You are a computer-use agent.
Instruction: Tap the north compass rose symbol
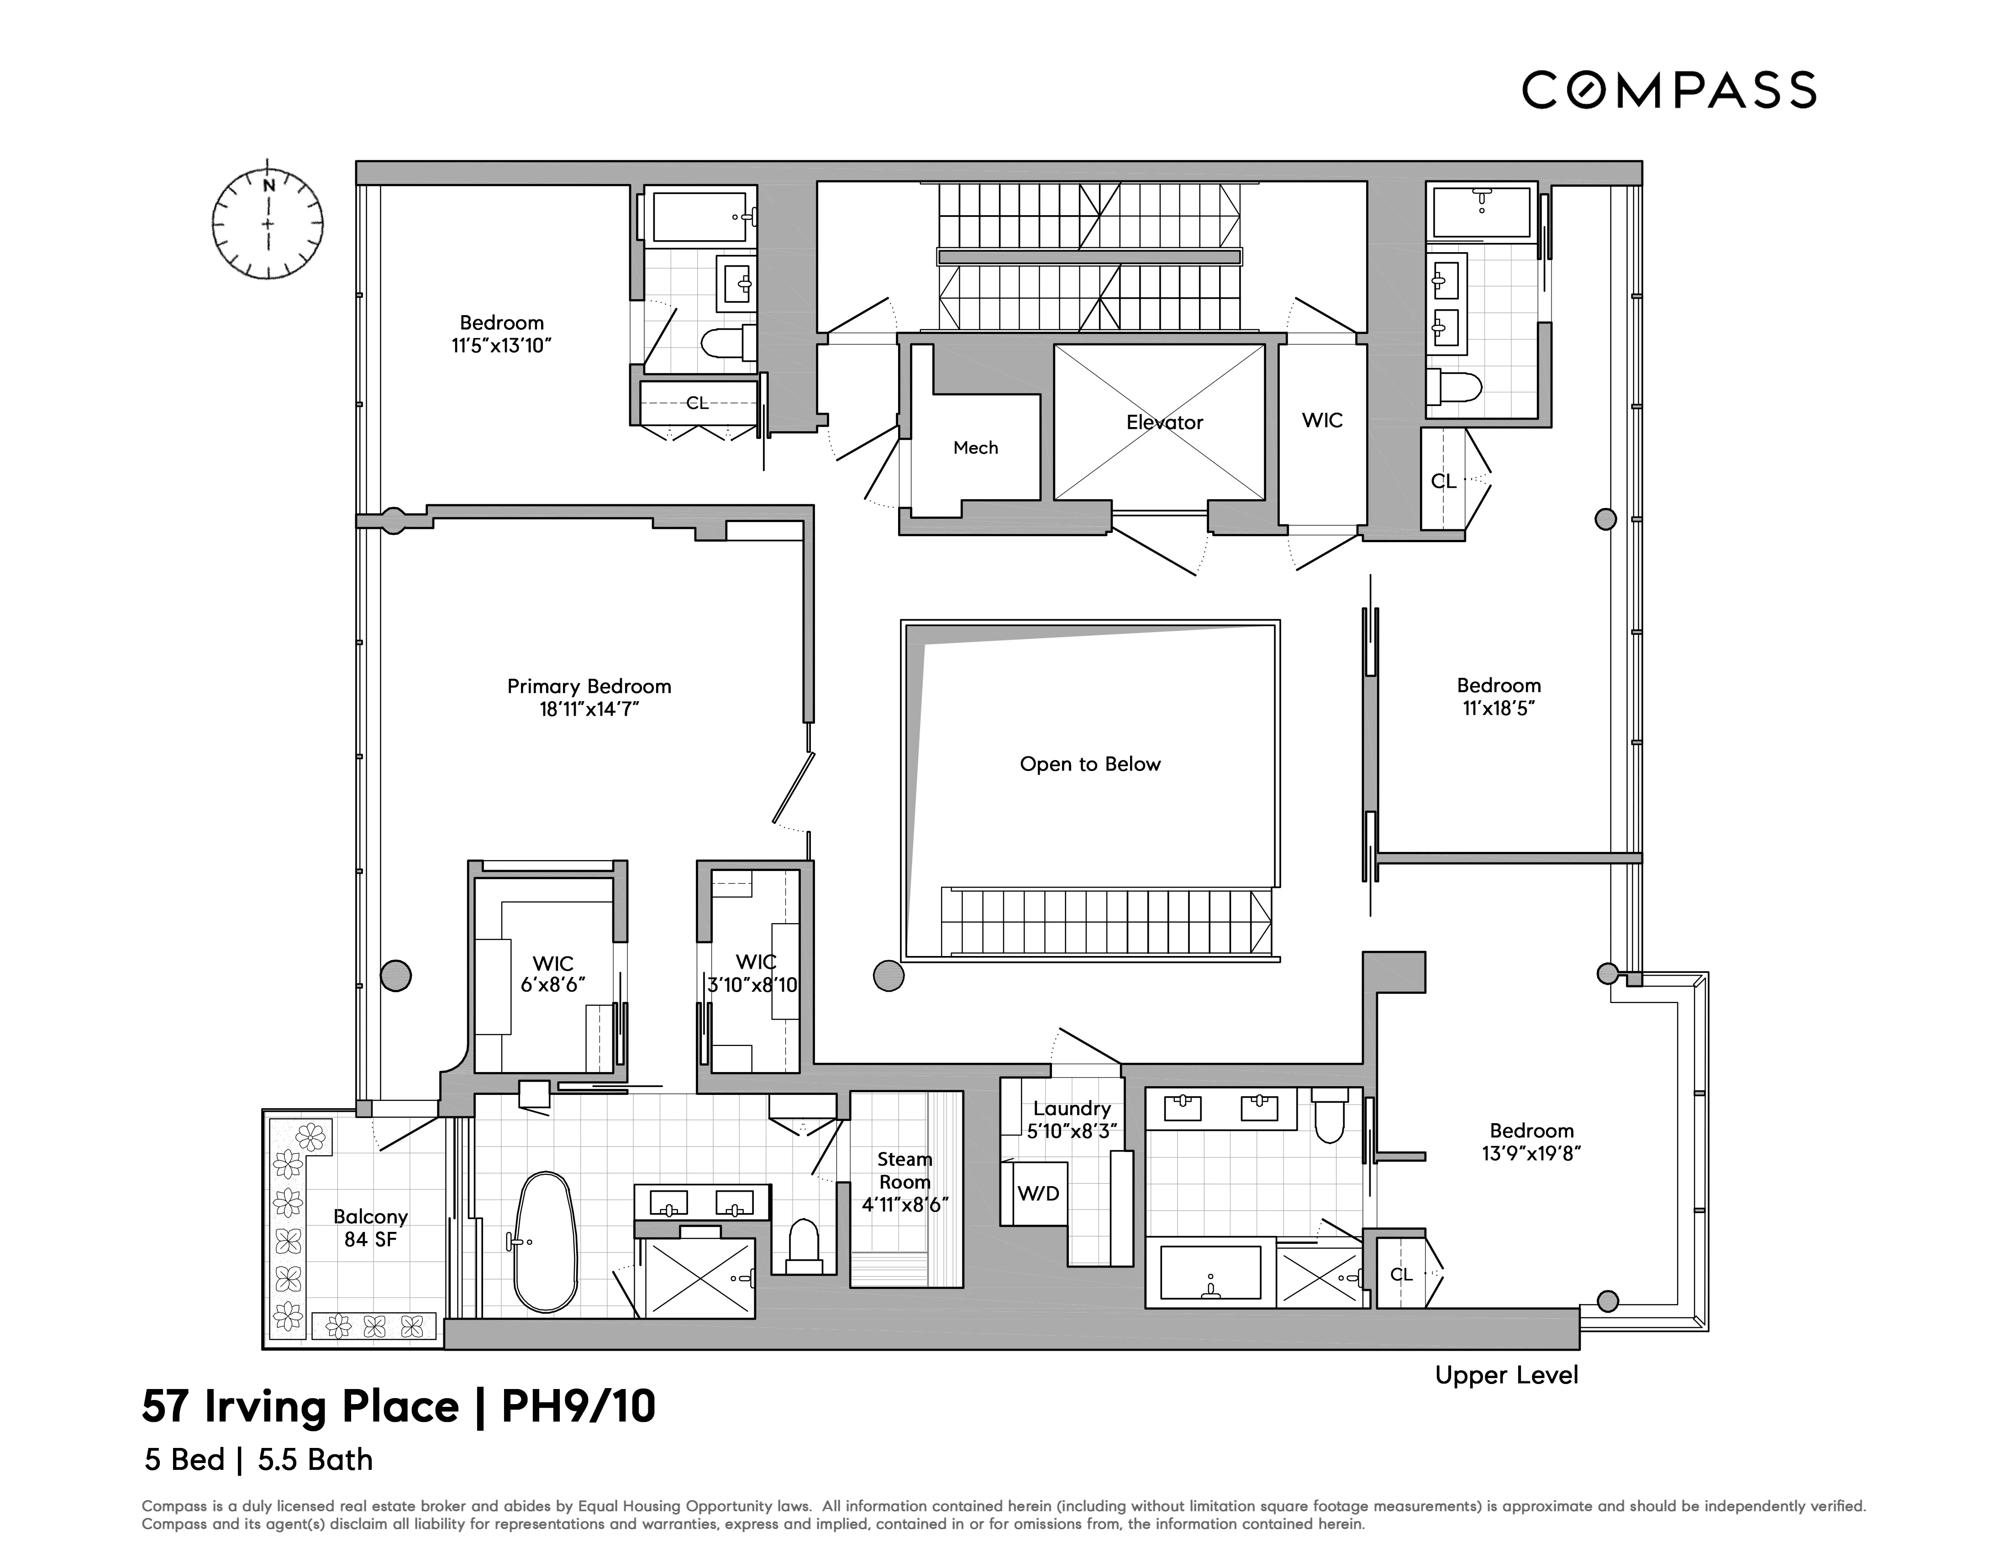pyautogui.click(x=268, y=222)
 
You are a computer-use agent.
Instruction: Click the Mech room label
pyautogui.click(x=975, y=448)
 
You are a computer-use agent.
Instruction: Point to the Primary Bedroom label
pyautogui.click(x=589, y=687)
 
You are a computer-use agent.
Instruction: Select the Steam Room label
pyautogui.click(x=904, y=1170)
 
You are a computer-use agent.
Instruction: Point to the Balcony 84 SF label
pyautogui.click(x=370, y=1227)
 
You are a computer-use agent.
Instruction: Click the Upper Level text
pyautogui.click(x=1506, y=1375)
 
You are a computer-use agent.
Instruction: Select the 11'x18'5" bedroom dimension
pyautogui.click(x=1499, y=708)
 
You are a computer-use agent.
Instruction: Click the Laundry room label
pyautogui.click(x=1072, y=1109)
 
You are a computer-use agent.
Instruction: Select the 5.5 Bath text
pyautogui.click(x=315, y=1460)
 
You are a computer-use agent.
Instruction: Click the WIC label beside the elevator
pyautogui.click(x=1322, y=420)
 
